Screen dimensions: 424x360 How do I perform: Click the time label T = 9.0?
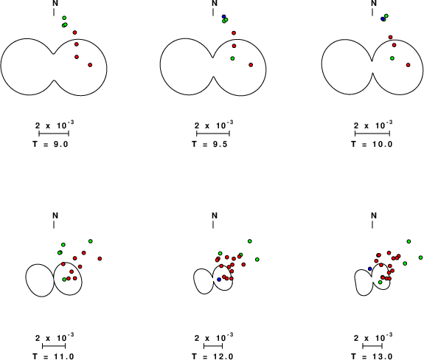tap(50, 144)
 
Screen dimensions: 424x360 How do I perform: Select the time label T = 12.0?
tap(212, 356)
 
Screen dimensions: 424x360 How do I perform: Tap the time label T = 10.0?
tap(372, 144)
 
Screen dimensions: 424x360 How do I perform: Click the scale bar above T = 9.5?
tap(213, 134)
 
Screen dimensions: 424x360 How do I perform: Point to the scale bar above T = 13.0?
tap(372, 346)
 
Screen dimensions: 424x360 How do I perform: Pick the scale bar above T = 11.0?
tap(54, 346)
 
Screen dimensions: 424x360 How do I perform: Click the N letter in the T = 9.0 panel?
tap(55, 3)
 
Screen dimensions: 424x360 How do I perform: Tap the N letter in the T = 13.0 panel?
tap(374, 215)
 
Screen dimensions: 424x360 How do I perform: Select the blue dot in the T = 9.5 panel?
tap(223, 16)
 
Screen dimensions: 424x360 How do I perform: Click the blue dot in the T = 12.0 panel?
tap(219, 280)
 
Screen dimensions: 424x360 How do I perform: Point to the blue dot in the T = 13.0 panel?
tap(370, 269)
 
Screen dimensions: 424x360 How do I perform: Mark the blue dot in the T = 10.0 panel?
tap(383, 18)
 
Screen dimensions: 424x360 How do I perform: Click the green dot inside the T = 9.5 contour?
tap(232, 58)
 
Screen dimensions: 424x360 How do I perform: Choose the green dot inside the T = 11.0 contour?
tap(64, 280)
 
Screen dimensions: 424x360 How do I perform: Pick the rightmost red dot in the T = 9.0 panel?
tap(90, 65)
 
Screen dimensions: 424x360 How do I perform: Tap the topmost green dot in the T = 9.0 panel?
tap(64, 18)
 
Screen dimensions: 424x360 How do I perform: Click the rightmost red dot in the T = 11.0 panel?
tap(100, 259)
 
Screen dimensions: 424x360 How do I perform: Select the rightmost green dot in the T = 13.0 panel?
tap(421, 257)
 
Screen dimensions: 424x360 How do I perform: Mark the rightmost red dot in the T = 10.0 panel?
tap(408, 65)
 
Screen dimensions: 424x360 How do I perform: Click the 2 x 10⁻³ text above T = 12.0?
tap(214, 337)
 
